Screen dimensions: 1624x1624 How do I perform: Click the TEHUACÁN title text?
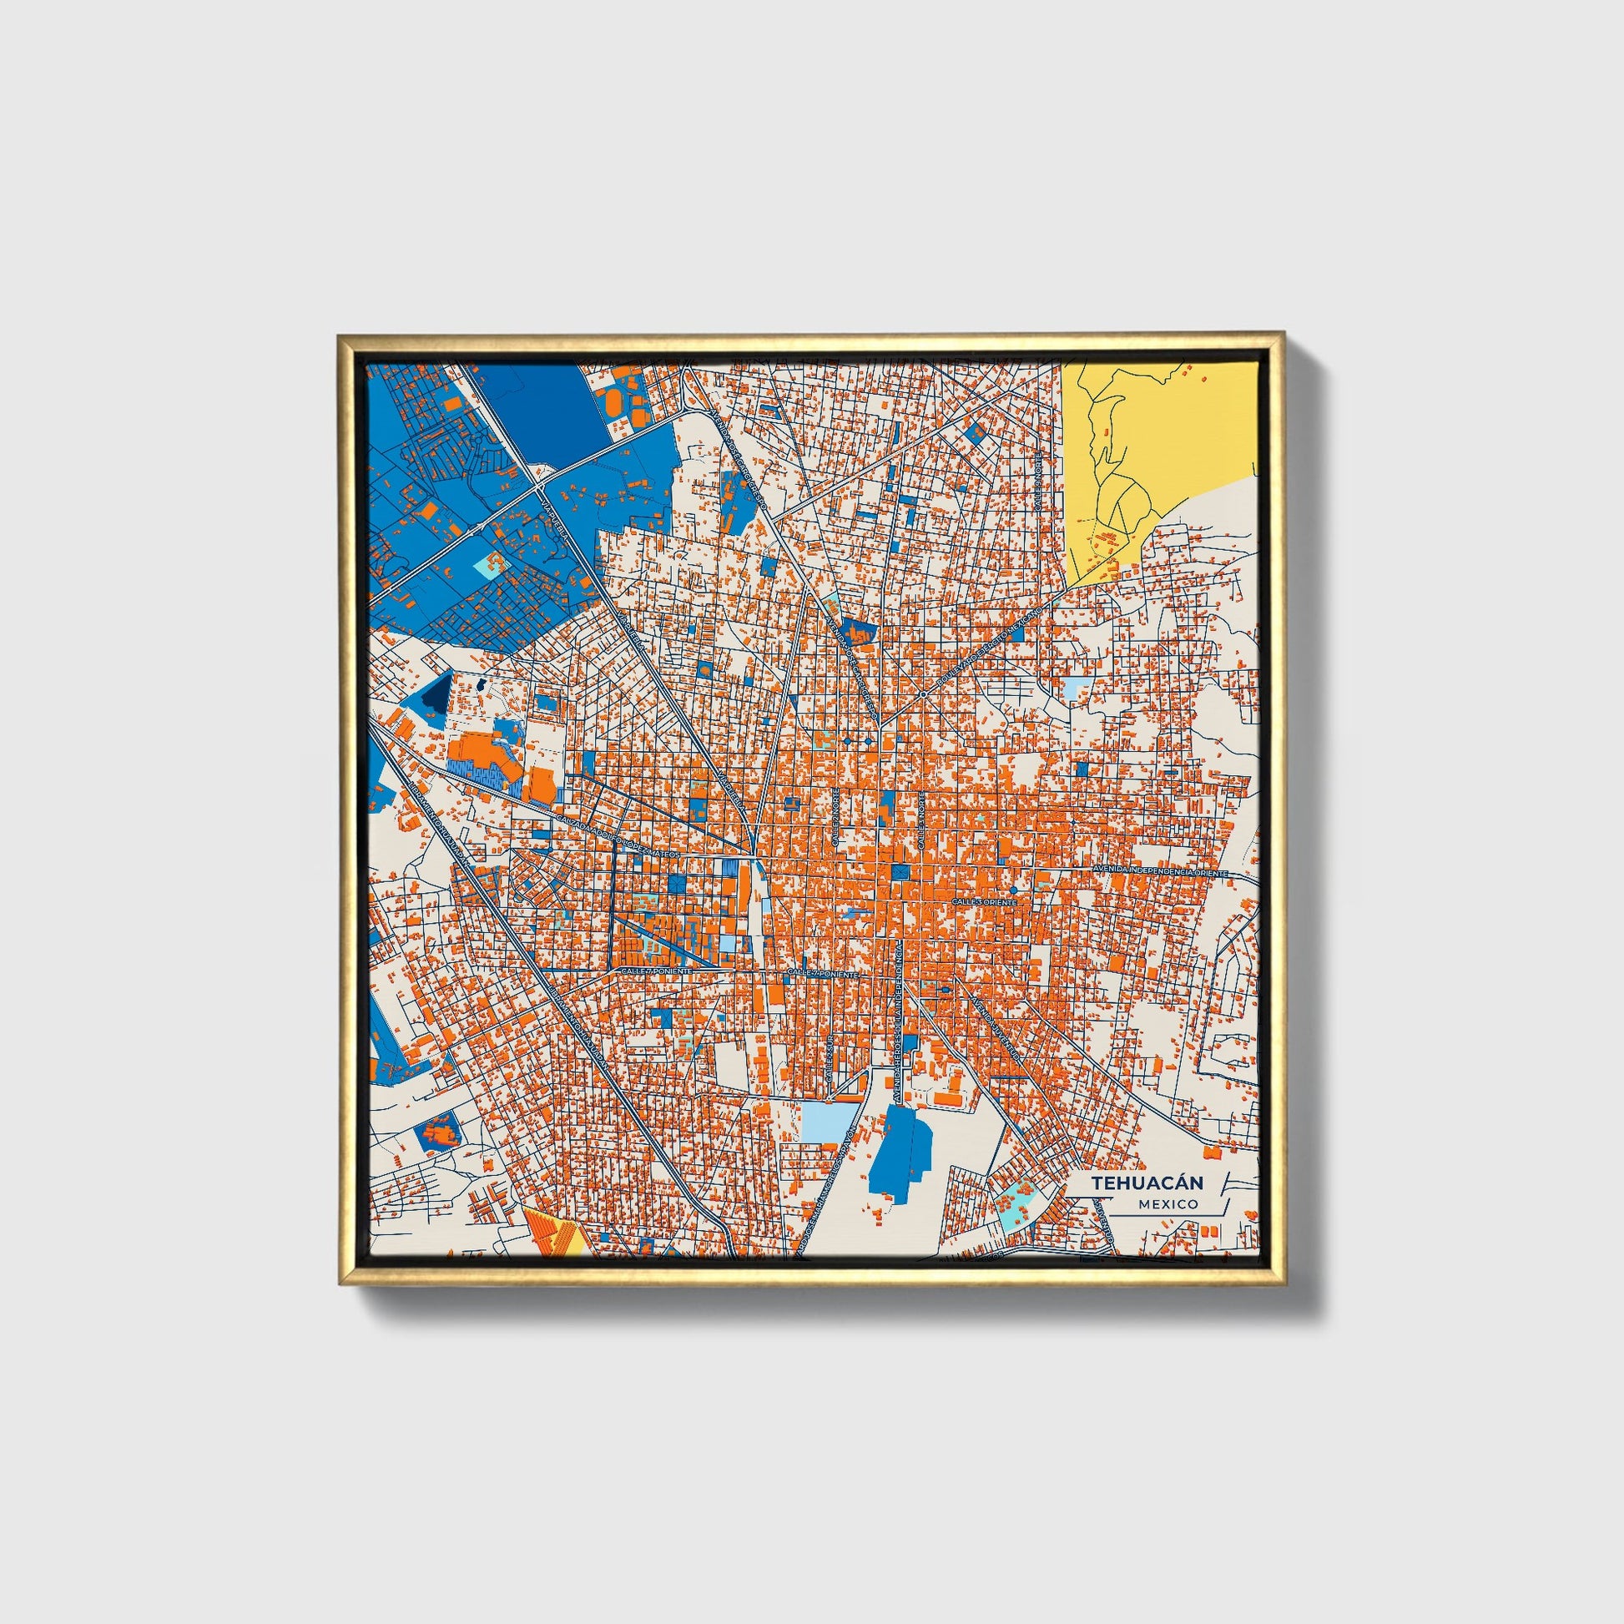(1147, 1183)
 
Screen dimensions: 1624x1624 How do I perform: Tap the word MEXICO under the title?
(1168, 1203)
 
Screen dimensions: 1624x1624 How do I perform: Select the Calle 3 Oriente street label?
(984, 902)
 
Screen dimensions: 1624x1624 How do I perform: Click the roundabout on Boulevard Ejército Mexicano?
(923, 694)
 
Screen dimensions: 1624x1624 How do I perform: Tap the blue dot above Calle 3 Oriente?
(1014, 890)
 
